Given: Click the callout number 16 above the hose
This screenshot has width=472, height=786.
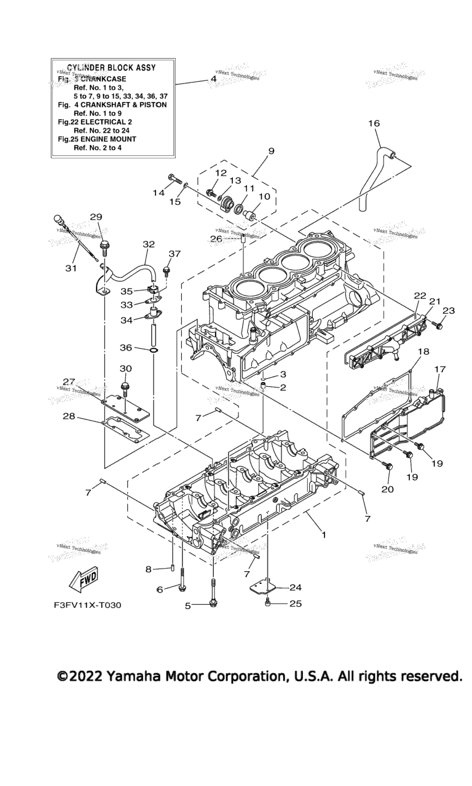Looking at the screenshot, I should pos(374,123).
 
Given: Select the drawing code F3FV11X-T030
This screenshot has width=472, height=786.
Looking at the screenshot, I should pos(87,605).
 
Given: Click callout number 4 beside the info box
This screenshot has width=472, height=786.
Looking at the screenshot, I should pos(213,79).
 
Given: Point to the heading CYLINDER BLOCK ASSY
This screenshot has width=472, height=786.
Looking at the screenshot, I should pos(111,67).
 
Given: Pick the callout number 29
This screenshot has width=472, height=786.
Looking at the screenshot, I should pos(96,217).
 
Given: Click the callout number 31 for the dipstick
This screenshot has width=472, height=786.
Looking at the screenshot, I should pos(71,268).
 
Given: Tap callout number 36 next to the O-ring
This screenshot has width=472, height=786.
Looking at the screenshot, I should pos(126,348).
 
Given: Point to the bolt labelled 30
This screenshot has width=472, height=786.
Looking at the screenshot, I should pos(125,389).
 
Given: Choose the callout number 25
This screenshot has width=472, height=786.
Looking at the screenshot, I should pos(296,604).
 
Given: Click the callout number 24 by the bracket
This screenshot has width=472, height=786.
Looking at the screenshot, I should pos(296,587).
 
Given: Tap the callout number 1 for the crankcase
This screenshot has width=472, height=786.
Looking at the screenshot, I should pos(324,535).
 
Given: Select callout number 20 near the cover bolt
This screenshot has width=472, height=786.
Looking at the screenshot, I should pos(387,489).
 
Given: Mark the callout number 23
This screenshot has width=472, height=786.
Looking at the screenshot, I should pos(449,311).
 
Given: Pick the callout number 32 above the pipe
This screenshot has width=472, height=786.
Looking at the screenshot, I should pos(148,244).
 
